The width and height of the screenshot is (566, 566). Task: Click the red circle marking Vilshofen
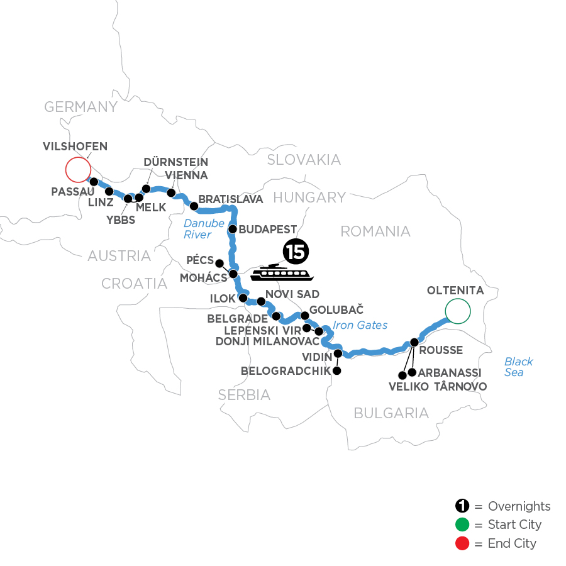[x=77, y=169]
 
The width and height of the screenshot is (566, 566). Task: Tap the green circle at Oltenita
[x=457, y=310]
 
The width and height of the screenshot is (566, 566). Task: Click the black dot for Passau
[x=94, y=182]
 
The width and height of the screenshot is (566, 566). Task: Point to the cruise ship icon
[x=282, y=273]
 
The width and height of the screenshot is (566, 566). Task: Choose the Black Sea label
[x=518, y=367]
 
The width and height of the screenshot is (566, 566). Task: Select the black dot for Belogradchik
[x=336, y=371]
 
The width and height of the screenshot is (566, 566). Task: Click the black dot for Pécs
[x=219, y=263]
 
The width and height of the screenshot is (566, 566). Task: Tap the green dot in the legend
[x=462, y=524]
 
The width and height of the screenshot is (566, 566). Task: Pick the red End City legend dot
[x=462, y=543]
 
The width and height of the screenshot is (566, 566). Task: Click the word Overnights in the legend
[x=519, y=506]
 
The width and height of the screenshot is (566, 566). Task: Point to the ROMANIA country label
[x=375, y=231]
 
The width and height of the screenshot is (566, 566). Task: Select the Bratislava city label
[x=230, y=199]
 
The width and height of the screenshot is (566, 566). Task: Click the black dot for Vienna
[x=170, y=192]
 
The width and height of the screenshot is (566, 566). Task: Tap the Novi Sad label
[x=293, y=294]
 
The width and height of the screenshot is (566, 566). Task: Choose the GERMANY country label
[x=80, y=107]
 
